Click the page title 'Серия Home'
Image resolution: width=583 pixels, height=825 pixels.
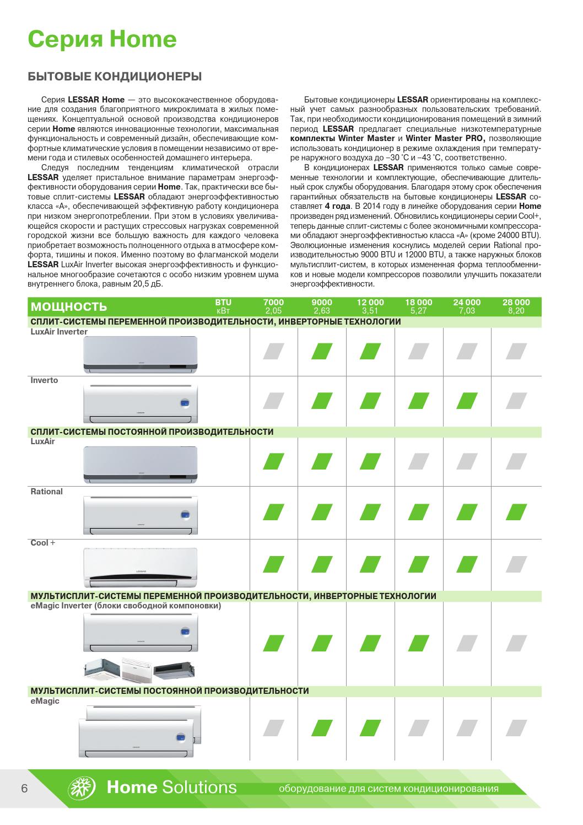tap(102, 39)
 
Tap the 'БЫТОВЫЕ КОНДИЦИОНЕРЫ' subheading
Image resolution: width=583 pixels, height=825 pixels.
tap(115, 76)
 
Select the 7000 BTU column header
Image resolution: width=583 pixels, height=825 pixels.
tap(273, 306)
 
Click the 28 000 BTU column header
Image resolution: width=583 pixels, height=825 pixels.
tap(516, 306)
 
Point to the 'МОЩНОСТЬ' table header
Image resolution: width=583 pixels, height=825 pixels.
tap(69, 307)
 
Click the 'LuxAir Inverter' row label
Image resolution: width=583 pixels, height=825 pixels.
tap(59, 332)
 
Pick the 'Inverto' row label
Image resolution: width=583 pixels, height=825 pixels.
tap(44, 380)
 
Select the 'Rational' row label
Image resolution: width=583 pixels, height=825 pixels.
tap(47, 492)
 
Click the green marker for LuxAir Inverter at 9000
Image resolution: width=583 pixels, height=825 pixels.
tap(322, 351)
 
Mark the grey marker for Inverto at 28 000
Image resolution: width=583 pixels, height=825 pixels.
tap(516, 401)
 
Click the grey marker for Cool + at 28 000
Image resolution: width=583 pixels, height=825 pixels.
tap(516, 564)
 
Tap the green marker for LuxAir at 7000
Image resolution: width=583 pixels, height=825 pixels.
tap(273, 461)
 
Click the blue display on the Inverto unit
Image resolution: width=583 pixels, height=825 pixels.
tap(185, 403)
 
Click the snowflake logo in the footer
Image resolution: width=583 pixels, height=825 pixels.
tap(82, 787)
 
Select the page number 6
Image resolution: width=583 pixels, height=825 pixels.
tap(24, 788)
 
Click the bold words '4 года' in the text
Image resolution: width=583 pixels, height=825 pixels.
tap(338, 206)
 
